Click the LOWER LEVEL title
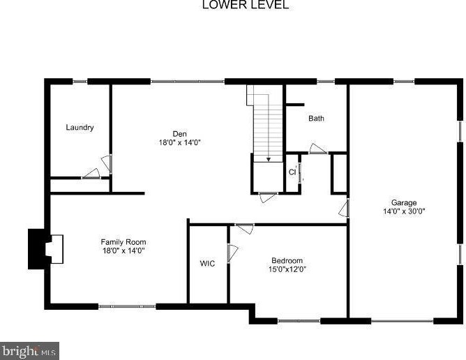coord(236,6)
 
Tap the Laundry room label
coord(80,128)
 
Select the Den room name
coord(180,134)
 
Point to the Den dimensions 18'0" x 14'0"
coord(180,142)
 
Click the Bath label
coord(316,119)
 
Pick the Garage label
coord(404,203)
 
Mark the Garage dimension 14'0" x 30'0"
coord(404,211)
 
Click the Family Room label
coord(123,242)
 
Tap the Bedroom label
coord(287,261)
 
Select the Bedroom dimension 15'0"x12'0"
coord(287,269)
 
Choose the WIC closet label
coord(207,264)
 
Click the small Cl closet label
coord(292,172)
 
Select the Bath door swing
coord(317,149)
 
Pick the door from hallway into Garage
coord(343,208)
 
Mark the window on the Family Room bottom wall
coord(127,306)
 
